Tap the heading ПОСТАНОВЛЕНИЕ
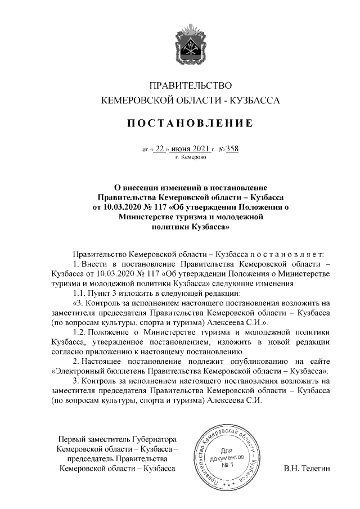190,123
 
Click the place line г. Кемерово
191,158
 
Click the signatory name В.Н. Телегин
307,468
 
